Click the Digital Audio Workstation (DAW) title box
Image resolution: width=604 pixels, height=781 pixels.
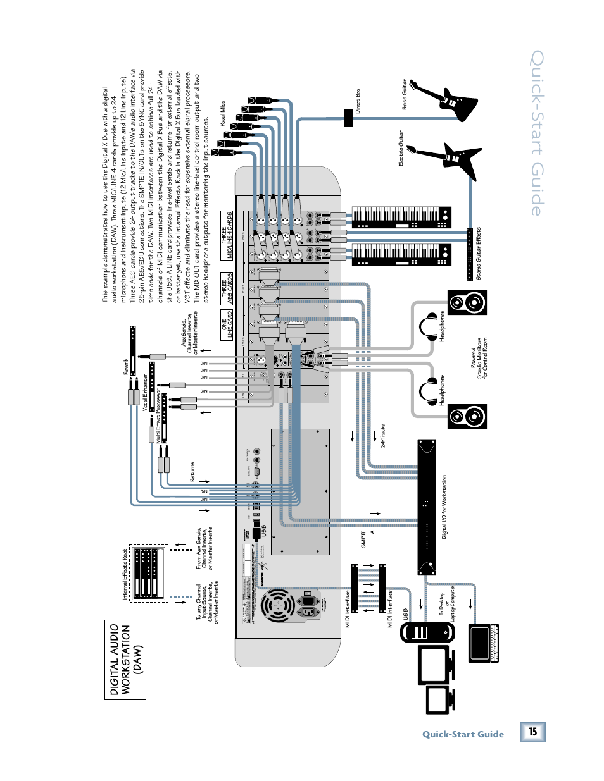pos(125,660)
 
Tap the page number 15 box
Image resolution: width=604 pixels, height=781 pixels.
pos(532,732)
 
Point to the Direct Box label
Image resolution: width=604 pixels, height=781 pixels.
pos(358,101)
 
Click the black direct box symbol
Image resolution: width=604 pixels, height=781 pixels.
pos(348,118)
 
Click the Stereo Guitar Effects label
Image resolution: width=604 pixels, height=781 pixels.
pos(479,253)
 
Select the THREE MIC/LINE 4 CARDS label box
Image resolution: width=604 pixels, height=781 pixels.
pos(226,235)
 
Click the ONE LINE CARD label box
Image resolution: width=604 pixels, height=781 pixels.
pos(227,324)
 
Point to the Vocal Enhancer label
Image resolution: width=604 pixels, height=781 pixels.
pos(145,392)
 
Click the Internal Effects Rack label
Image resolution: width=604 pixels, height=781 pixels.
pos(125,574)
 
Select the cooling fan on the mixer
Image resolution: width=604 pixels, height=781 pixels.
pos(277,606)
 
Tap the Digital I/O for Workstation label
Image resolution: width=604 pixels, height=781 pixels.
pos(444,507)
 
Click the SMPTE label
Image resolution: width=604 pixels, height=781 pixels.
pos(363,539)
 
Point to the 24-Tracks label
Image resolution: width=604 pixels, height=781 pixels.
pos(383,436)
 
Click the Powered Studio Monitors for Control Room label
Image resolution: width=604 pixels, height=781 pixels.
pos(479,358)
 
